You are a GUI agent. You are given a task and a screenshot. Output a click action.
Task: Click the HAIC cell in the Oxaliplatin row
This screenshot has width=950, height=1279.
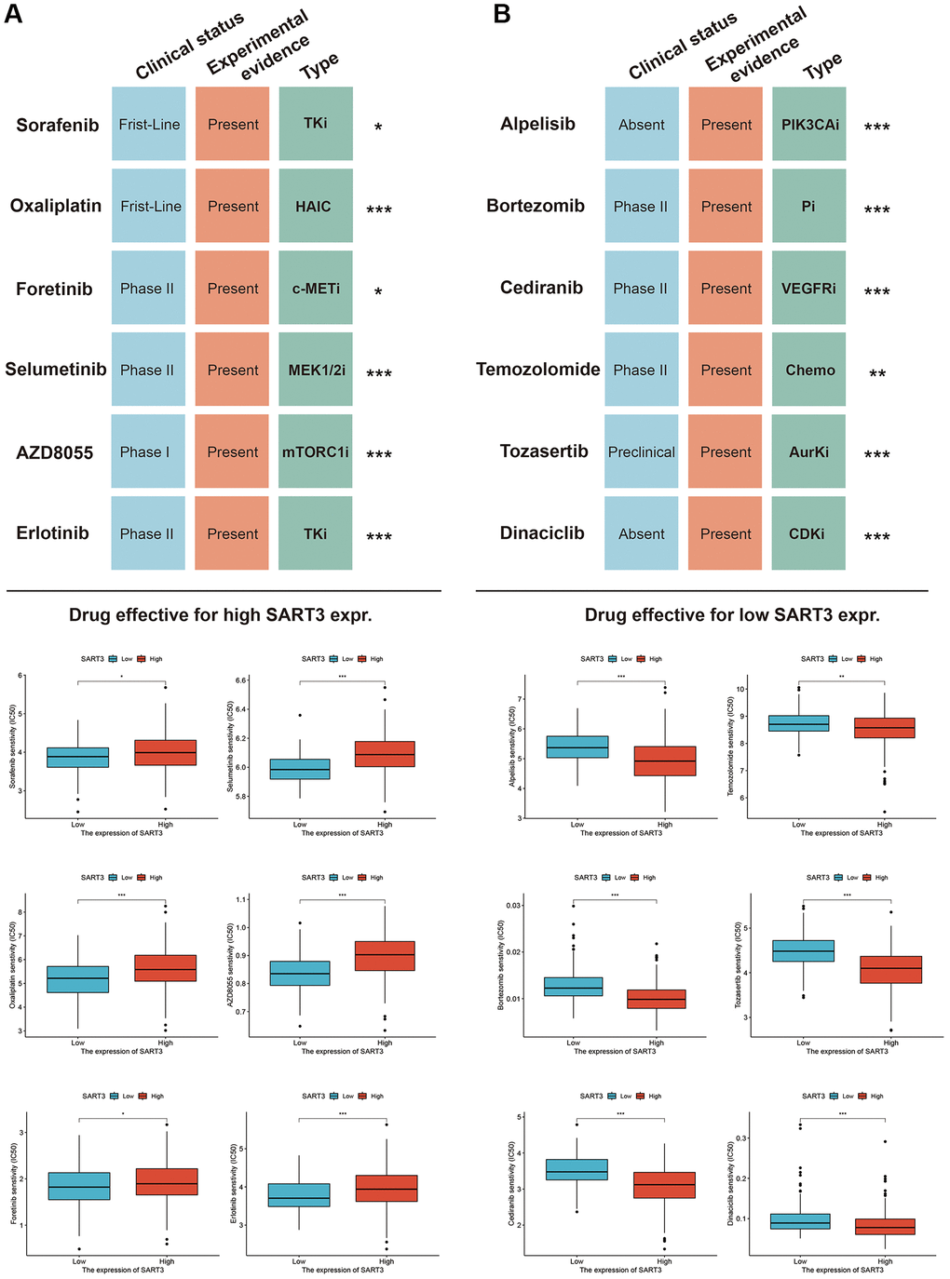click(x=315, y=206)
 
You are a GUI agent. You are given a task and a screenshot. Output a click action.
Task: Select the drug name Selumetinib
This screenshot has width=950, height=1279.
click(x=56, y=370)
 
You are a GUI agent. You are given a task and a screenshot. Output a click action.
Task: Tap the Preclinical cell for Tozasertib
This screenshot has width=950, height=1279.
click(x=641, y=451)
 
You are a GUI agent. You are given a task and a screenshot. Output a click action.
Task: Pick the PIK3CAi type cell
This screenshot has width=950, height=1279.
click(x=809, y=124)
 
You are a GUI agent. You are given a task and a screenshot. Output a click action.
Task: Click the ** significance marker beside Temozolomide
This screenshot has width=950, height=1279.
click(x=877, y=373)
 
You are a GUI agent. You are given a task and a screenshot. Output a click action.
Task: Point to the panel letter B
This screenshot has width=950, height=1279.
click(x=502, y=14)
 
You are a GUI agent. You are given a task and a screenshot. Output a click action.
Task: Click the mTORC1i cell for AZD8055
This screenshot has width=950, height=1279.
click(x=315, y=451)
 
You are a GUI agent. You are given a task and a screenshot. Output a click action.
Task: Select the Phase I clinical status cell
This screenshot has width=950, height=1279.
click(x=147, y=451)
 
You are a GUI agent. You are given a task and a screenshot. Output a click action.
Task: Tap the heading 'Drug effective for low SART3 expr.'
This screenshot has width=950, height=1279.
click(x=732, y=614)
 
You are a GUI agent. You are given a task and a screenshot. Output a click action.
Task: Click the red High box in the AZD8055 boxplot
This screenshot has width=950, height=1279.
click(x=385, y=956)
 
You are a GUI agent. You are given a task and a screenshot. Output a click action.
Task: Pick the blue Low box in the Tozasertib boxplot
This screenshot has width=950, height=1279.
click(x=804, y=950)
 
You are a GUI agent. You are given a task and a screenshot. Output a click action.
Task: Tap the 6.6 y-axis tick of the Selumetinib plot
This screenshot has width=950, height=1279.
click(x=240, y=680)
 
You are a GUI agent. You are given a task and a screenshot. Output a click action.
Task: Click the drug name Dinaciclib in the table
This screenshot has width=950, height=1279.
click(x=542, y=533)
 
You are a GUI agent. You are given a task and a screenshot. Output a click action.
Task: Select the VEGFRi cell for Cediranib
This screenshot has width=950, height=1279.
click(x=808, y=289)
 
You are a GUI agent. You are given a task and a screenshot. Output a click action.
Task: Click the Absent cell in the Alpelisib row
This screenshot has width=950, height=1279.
click(x=641, y=125)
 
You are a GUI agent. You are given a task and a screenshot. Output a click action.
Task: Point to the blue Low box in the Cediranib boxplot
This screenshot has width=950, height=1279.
click(x=577, y=1169)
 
